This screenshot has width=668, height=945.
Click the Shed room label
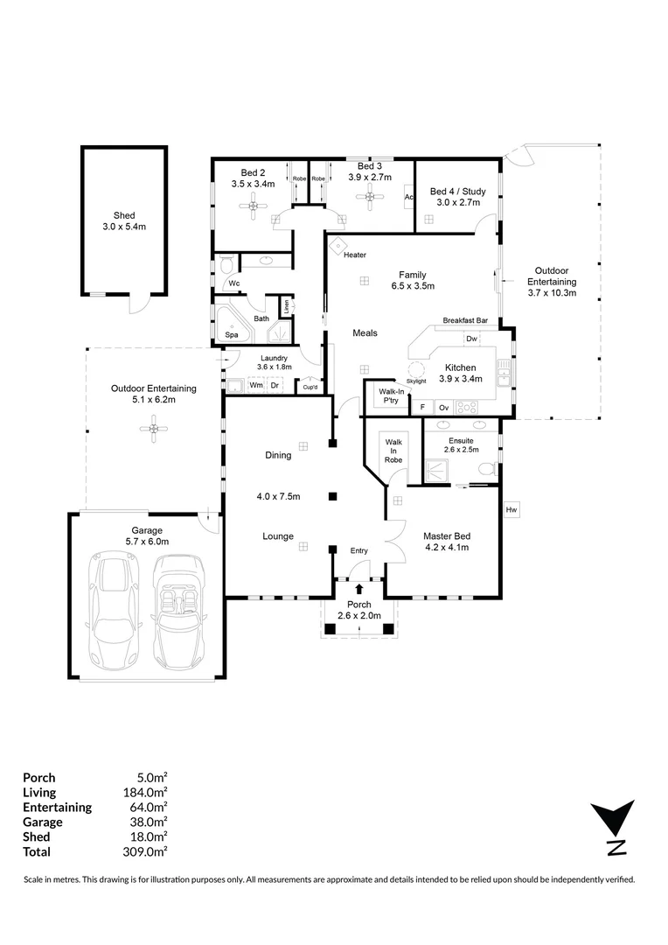(x=124, y=215)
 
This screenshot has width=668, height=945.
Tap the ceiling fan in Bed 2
(x=254, y=207)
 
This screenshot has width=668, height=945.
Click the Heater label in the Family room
(x=354, y=255)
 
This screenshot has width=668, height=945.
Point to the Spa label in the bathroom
(x=232, y=334)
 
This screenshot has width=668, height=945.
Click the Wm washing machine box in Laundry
(x=256, y=385)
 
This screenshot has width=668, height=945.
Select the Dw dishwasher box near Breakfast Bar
(x=471, y=339)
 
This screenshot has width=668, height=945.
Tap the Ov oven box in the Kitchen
(x=443, y=408)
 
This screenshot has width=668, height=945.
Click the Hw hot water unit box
(x=511, y=510)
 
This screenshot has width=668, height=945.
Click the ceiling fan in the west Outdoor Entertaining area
(x=155, y=429)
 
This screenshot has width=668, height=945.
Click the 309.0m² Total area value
(x=144, y=851)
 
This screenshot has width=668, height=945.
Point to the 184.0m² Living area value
(x=144, y=792)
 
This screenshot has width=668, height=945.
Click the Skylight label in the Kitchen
(x=417, y=381)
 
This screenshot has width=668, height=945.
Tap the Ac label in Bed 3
(x=407, y=197)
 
